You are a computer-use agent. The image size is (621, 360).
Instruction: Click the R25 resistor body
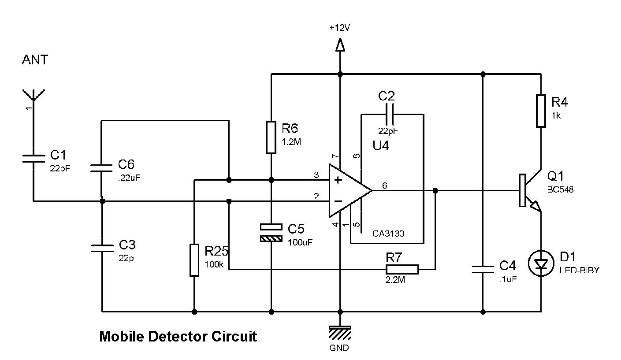[194, 260]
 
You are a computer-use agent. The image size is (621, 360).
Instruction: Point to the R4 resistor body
[541, 111]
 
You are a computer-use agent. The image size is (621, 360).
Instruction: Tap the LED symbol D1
[541, 264]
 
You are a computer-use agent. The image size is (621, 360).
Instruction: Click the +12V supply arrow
[340, 45]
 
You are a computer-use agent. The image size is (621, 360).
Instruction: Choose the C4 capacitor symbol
[483, 269]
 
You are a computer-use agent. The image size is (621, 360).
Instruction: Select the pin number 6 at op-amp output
[384, 186]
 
